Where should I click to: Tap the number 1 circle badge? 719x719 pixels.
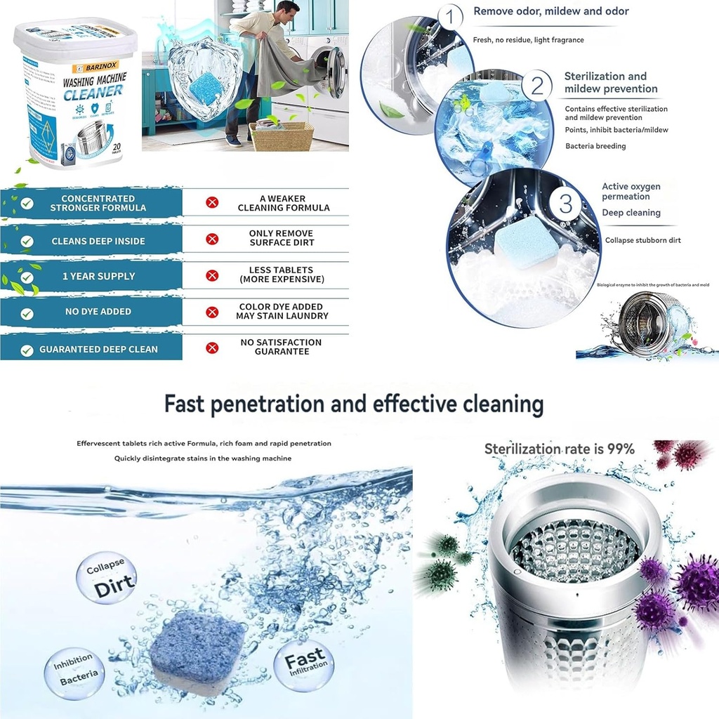point(450,16)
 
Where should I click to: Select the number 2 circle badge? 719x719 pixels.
point(537,86)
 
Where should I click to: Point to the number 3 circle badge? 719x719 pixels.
point(566,204)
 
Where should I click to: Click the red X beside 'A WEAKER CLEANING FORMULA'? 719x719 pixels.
point(212,203)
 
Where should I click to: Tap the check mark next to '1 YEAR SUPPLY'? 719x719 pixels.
point(27,277)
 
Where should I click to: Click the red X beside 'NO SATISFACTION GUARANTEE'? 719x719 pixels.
point(212,347)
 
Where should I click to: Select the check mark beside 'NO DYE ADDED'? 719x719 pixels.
point(27,313)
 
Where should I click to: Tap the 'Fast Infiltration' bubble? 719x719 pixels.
point(305,661)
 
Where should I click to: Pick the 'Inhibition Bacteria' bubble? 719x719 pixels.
point(74,672)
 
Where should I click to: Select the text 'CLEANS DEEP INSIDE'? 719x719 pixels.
point(98,241)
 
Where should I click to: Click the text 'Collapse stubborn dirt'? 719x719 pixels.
point(642,240)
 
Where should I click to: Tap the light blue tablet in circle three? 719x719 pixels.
point(527,240)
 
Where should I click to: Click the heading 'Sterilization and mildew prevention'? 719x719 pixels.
point(611,82)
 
